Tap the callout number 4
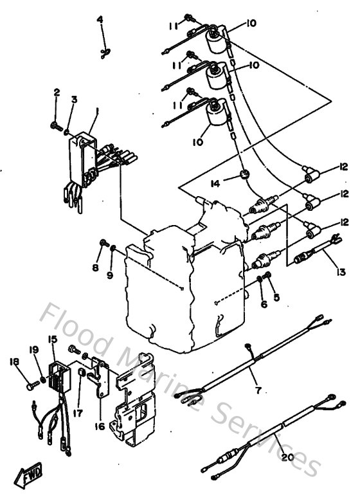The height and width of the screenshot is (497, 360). (100, 20)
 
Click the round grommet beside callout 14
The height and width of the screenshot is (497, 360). (245, 175)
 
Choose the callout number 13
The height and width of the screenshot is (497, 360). (341, 272)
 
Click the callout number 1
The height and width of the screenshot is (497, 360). (96, 111)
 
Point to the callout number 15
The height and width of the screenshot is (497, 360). (52, 339)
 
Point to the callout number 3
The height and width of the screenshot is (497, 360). (74, 99)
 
